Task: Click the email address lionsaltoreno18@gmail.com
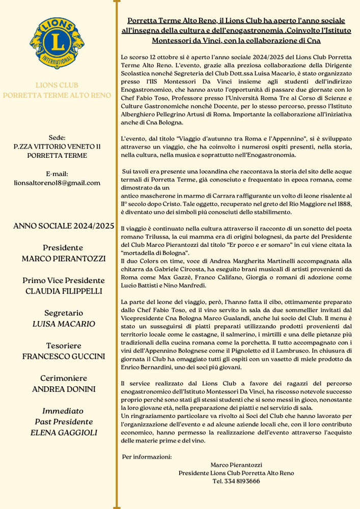pyautogui.click(x=57, y=183)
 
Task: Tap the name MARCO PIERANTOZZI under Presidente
pyautogui.click(x=64, y=259)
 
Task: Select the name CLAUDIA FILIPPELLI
pyautogui.click(x=64, y=291)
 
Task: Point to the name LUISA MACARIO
pyautogui.click(x=64, y=324)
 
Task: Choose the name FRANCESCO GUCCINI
pyautogui.click(x=64, y=356)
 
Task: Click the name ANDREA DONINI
pyautogui.click(x=64, y=389)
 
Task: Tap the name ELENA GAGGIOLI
pyautogui.click(x=64, y=433)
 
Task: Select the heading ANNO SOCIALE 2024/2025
pyautogui.click(x=64, y=226)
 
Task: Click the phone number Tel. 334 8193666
pyautogui.click(x=236, y=481)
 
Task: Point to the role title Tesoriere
pyautogui.click(x=64, y=346)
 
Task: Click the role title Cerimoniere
pyautogui.click(x=64, y=378)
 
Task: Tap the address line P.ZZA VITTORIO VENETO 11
pyautogui.click(x=57, y=147)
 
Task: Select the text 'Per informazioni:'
pyautogui.click(x=147, y=457)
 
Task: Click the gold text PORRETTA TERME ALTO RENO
pyautogui.click(x=57, y=95)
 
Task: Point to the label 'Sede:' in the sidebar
pyautogui.click(x=57, y=137)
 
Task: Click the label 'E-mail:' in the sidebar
pyautogui.click(x=57, y=174)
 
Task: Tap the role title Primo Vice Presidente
pyautogui.click(x=64, y=280)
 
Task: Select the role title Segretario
pyautogui.click(x=64, y=313)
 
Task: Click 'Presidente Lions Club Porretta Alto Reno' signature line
pyautogui.click(x=236, y=473)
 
